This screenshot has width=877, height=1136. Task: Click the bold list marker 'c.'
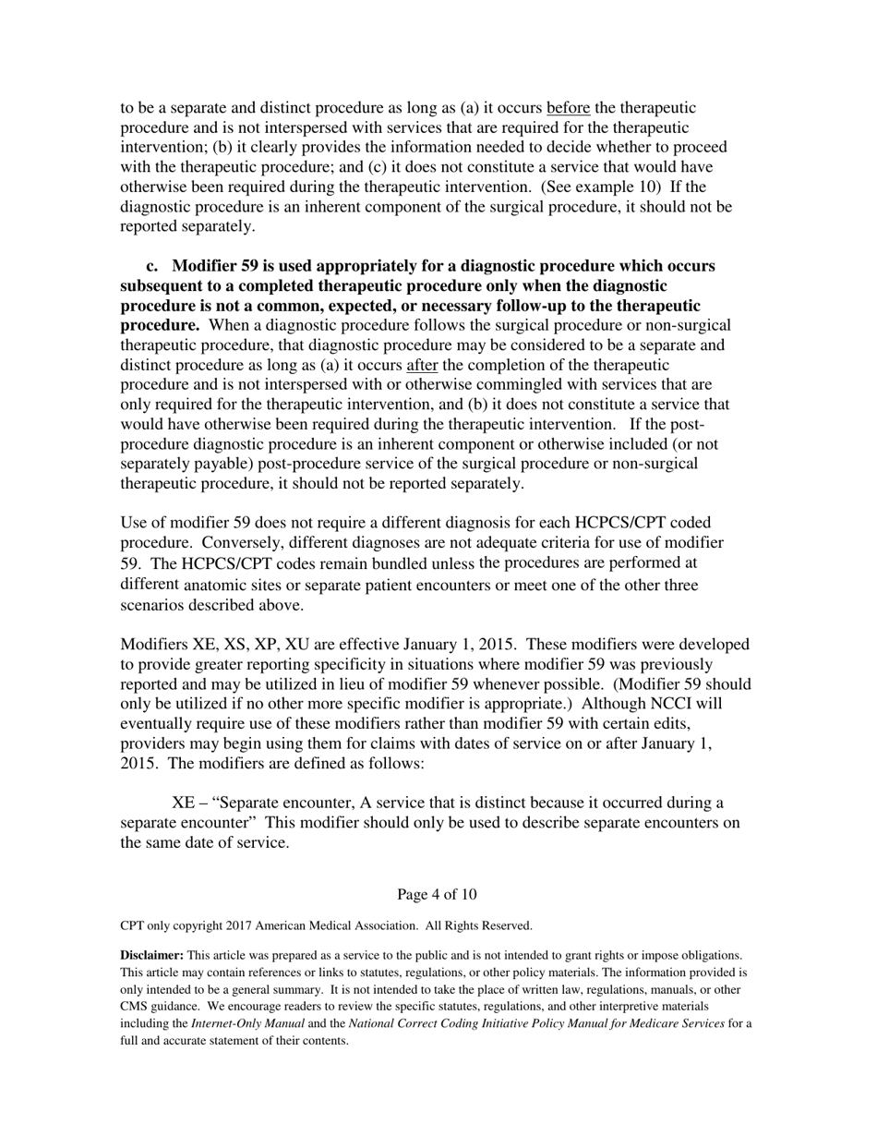152,266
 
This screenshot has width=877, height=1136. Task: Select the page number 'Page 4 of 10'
437,894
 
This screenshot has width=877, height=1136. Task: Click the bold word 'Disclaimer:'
152,956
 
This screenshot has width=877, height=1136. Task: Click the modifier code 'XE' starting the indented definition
182,802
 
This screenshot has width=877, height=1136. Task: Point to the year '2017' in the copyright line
237,925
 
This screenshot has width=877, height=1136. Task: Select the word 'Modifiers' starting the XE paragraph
154,645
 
